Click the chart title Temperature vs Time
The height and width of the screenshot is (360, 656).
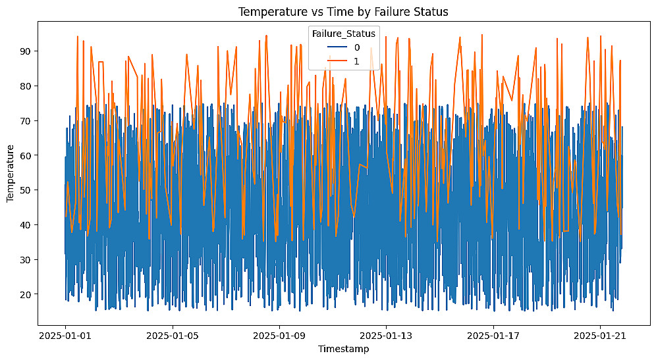tap(342, 11)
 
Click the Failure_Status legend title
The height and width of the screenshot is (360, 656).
tap(344, 33)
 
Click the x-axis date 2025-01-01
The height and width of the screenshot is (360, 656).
tap(65, 336)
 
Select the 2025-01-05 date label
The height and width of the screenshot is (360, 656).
tap(173, 336)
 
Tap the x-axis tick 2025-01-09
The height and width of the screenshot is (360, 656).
tap(279, 336)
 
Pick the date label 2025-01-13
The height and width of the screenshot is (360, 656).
tap(387, 336)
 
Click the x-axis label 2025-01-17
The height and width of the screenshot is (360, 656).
tap(493, 336)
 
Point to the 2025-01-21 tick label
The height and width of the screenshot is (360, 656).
tap(600, 336)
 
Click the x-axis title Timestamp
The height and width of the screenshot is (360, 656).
tap(342, 349)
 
